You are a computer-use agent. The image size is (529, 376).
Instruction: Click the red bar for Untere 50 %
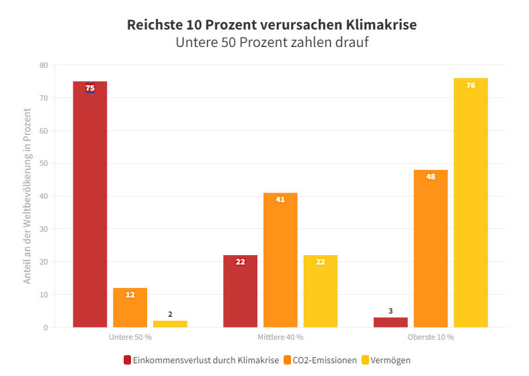tap(90, 204)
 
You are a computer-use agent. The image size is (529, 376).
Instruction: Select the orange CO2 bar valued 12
tap(130, 308)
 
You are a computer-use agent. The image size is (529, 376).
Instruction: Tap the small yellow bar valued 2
tap(170, 324)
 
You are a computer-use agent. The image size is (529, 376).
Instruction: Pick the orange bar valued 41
tap(280, 260)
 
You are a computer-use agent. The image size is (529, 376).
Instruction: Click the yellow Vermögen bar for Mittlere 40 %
tap(320, 291)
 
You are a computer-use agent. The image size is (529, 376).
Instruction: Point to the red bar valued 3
tap(391, 322)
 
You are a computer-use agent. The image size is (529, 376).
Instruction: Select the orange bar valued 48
tap(431, 248)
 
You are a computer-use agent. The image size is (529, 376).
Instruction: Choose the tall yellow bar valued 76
tap(471, 203)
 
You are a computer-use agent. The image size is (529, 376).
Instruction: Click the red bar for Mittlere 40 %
tap(240, 291)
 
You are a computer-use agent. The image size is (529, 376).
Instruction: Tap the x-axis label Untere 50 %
tap(130, 336)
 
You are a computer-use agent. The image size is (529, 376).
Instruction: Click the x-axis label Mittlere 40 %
tap(280, 336)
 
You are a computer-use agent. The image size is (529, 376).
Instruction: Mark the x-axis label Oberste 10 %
tap(431, 336)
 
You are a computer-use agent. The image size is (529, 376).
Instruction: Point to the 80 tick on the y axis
tap(44, 65)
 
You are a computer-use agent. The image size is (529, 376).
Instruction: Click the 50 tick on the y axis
tap(44, 164)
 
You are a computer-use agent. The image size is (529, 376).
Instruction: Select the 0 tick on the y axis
tap(46, 328)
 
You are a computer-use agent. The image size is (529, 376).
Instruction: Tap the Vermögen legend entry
tap(391, 361)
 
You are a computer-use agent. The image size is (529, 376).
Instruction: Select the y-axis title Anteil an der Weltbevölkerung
tap(28, 202)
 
